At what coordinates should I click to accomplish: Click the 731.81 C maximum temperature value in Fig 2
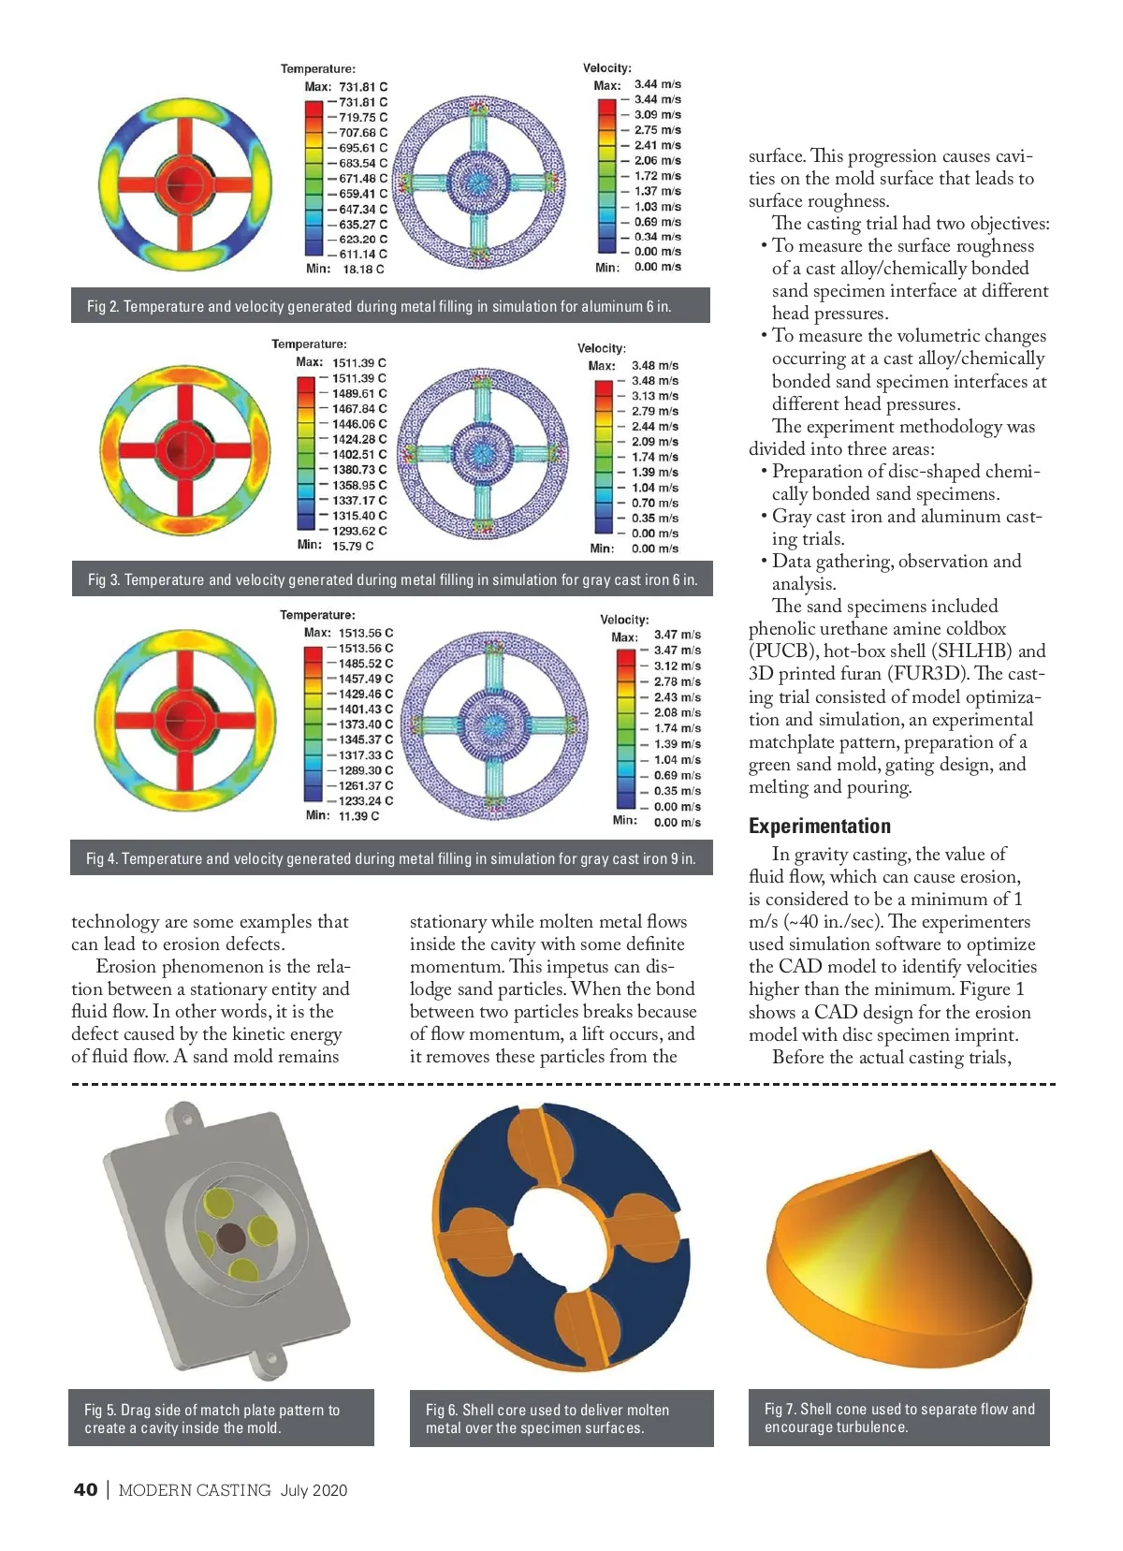(363, 86)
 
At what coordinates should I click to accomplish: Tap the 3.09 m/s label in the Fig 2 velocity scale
(657, 115)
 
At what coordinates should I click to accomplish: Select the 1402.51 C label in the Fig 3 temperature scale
(359, 454)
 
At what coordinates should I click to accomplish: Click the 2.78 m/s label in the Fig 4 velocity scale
(677, 681)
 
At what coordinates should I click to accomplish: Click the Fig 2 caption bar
(390, 306)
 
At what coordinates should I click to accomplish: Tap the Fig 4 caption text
(390, 858)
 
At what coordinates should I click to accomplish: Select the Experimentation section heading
(819, 826)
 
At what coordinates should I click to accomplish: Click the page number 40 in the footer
(85, 1490)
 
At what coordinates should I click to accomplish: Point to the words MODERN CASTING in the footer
(195, 1490)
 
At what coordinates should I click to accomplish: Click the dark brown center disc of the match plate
(231, 1238)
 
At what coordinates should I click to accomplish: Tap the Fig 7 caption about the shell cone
(898, 1417)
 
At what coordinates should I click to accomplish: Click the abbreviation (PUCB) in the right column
(783, 651)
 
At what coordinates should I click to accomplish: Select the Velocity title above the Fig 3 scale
(602, 348)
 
